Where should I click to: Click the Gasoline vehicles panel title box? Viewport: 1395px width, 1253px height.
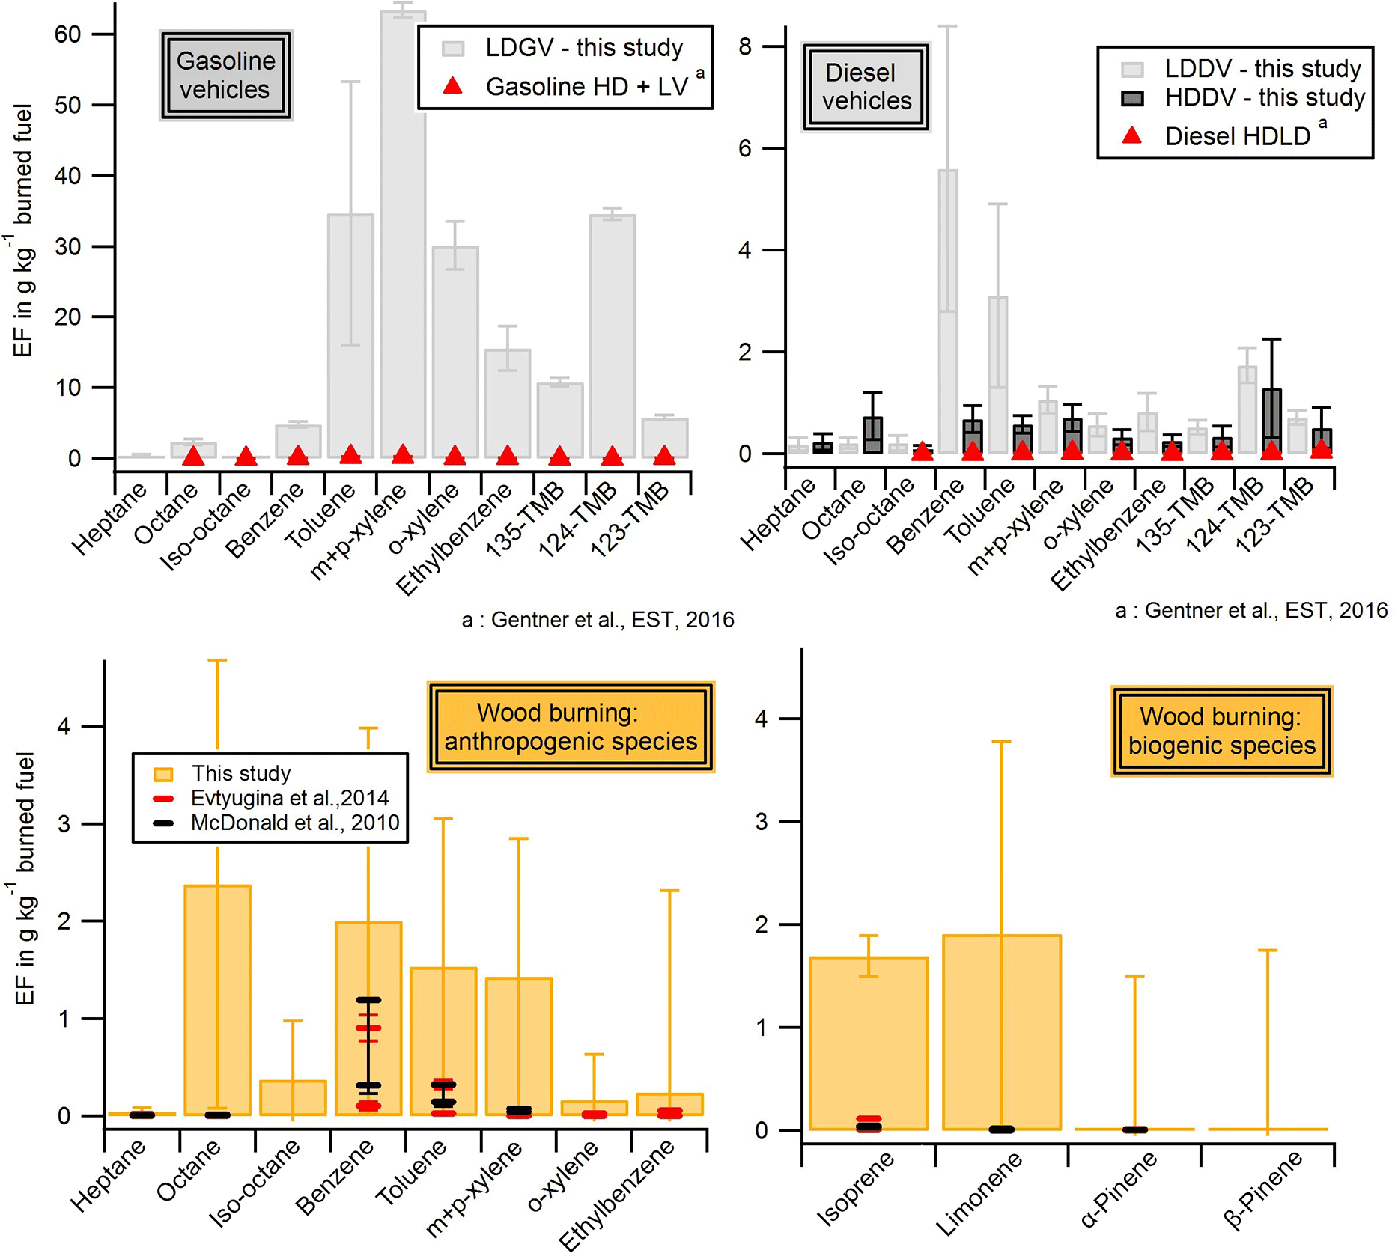coord(225,75)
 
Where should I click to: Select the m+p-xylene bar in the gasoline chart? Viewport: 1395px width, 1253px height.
coord(403,240)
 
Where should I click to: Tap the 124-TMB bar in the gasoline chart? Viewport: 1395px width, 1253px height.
coord(613,337)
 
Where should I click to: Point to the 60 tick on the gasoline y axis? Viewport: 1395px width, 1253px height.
coord(67,34)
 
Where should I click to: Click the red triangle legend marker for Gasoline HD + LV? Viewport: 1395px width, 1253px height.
coord(452,86)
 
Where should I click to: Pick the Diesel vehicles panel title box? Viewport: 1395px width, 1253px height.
coord(866,87)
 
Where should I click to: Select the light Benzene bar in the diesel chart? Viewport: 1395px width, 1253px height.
coord(948,314)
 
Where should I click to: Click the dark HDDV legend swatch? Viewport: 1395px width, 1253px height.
coord(1132,98)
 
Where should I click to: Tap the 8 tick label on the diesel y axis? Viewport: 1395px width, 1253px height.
coord(744,47)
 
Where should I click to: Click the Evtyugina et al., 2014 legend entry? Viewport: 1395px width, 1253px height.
coord(289,798)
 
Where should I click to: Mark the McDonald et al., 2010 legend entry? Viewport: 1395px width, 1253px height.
coord(294,823)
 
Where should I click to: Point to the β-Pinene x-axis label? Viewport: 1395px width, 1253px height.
coord(1263,1189)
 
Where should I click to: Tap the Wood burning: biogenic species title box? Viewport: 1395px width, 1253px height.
coord(1221,731)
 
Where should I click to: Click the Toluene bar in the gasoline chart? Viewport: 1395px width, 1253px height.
coord(350,337)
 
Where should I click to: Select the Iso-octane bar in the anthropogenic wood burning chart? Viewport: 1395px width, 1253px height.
coord(293,1097)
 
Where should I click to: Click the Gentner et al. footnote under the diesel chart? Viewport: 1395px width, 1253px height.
coord(1250,611)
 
